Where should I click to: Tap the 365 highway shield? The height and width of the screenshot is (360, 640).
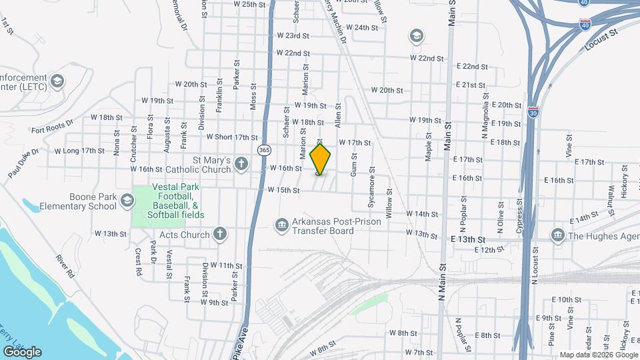click(265, 149)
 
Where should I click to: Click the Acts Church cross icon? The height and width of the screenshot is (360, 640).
click(220, 234)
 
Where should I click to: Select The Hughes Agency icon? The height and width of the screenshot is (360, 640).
click(557, 235)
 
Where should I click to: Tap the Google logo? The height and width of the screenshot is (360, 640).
click(22, 351)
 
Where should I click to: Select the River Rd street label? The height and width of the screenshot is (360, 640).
click(64, 265)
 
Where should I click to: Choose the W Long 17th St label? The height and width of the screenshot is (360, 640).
click(79, 151)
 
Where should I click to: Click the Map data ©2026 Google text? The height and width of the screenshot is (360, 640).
click(598, 355)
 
